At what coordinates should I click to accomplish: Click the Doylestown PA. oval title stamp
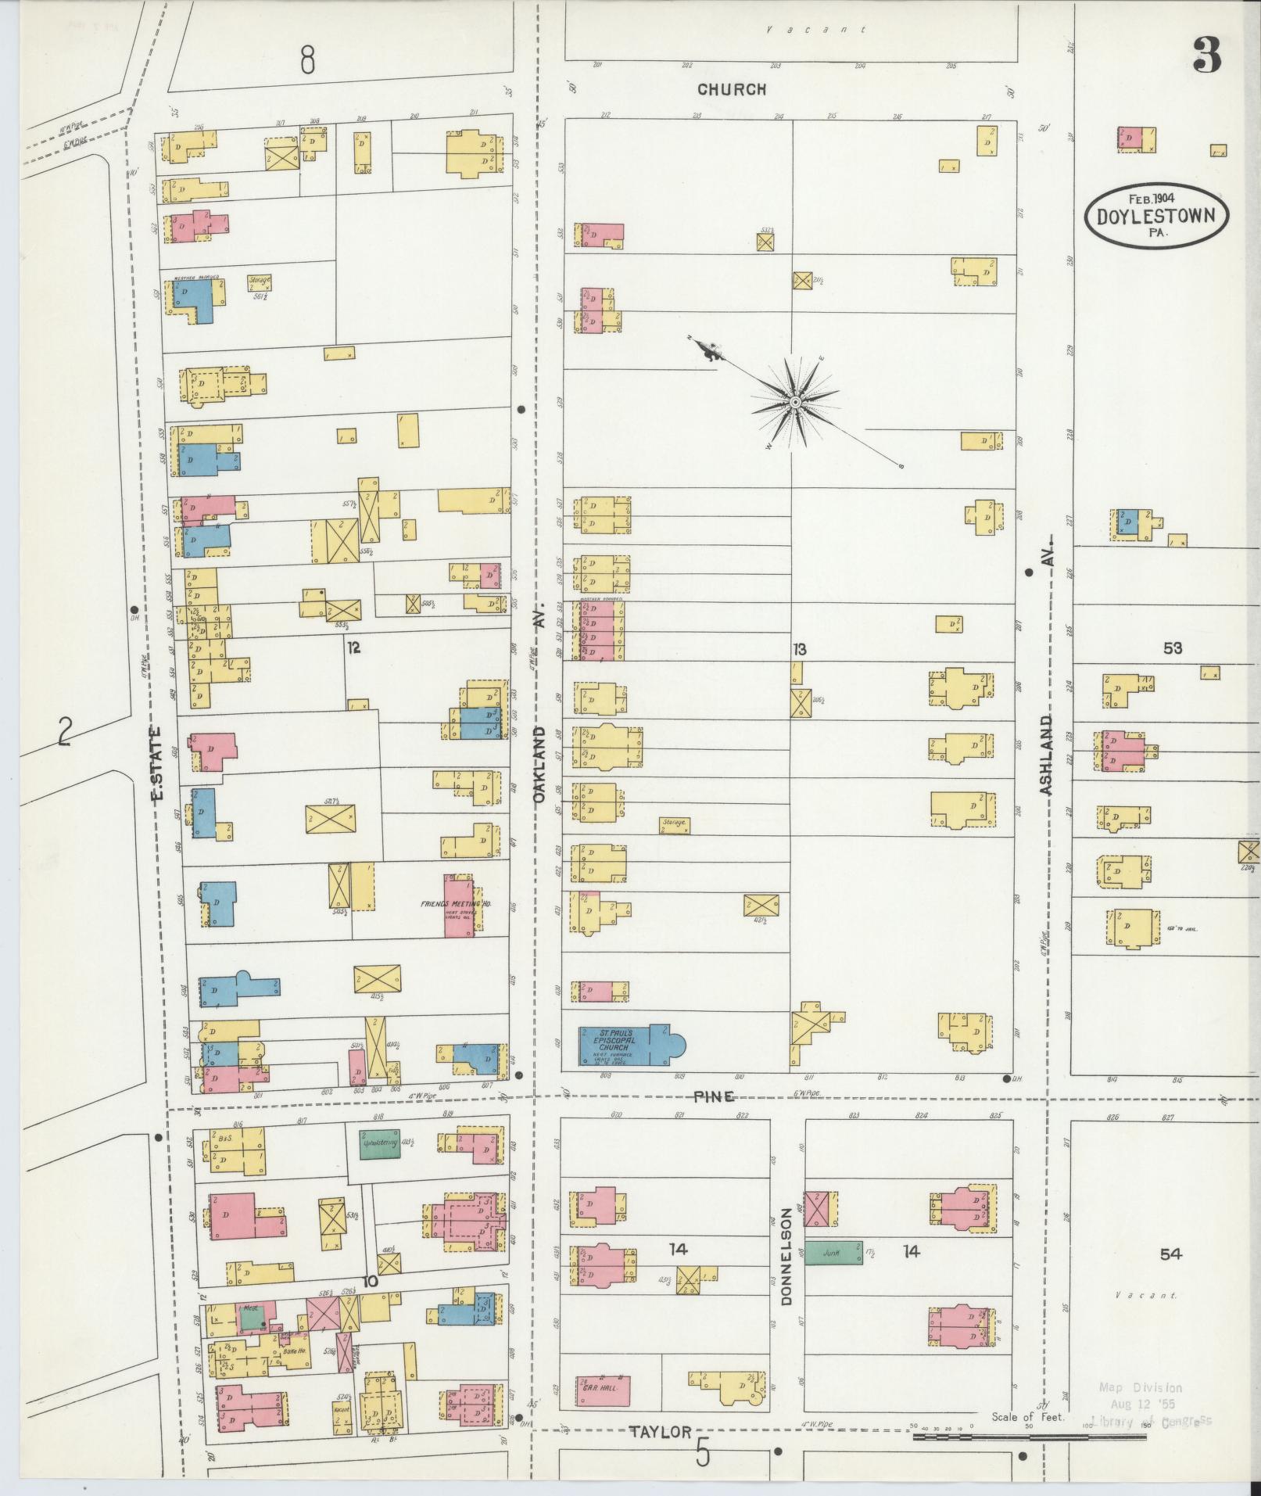point(1156,216)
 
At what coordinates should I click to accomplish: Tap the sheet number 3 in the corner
point(1207,56)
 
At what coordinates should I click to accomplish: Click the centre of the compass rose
point(794,402)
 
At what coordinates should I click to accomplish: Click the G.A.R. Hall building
point(603,1390)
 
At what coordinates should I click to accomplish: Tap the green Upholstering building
point(380,1144)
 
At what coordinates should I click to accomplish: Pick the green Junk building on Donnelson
point(833,1253)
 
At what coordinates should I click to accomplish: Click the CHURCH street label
point(732,90)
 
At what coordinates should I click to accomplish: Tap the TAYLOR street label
point(661,1432)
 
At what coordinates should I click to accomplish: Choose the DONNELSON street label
point(786,1258)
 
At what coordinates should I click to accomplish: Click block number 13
point(799,649)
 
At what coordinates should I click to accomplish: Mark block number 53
point(1172,648)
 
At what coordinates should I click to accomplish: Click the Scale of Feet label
point(1027,1417)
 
